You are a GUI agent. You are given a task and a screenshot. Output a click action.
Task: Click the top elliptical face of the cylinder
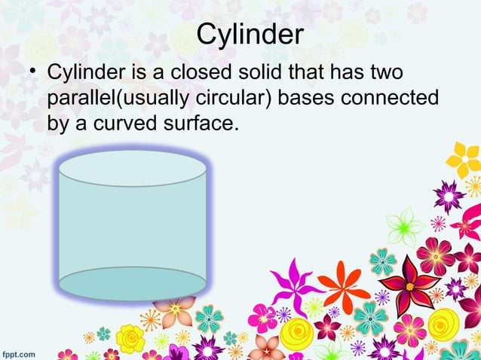(133, 168)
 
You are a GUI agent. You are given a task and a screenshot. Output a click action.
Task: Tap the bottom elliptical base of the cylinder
(133, 283)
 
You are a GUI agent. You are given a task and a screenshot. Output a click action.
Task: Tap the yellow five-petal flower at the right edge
(464, 159)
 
